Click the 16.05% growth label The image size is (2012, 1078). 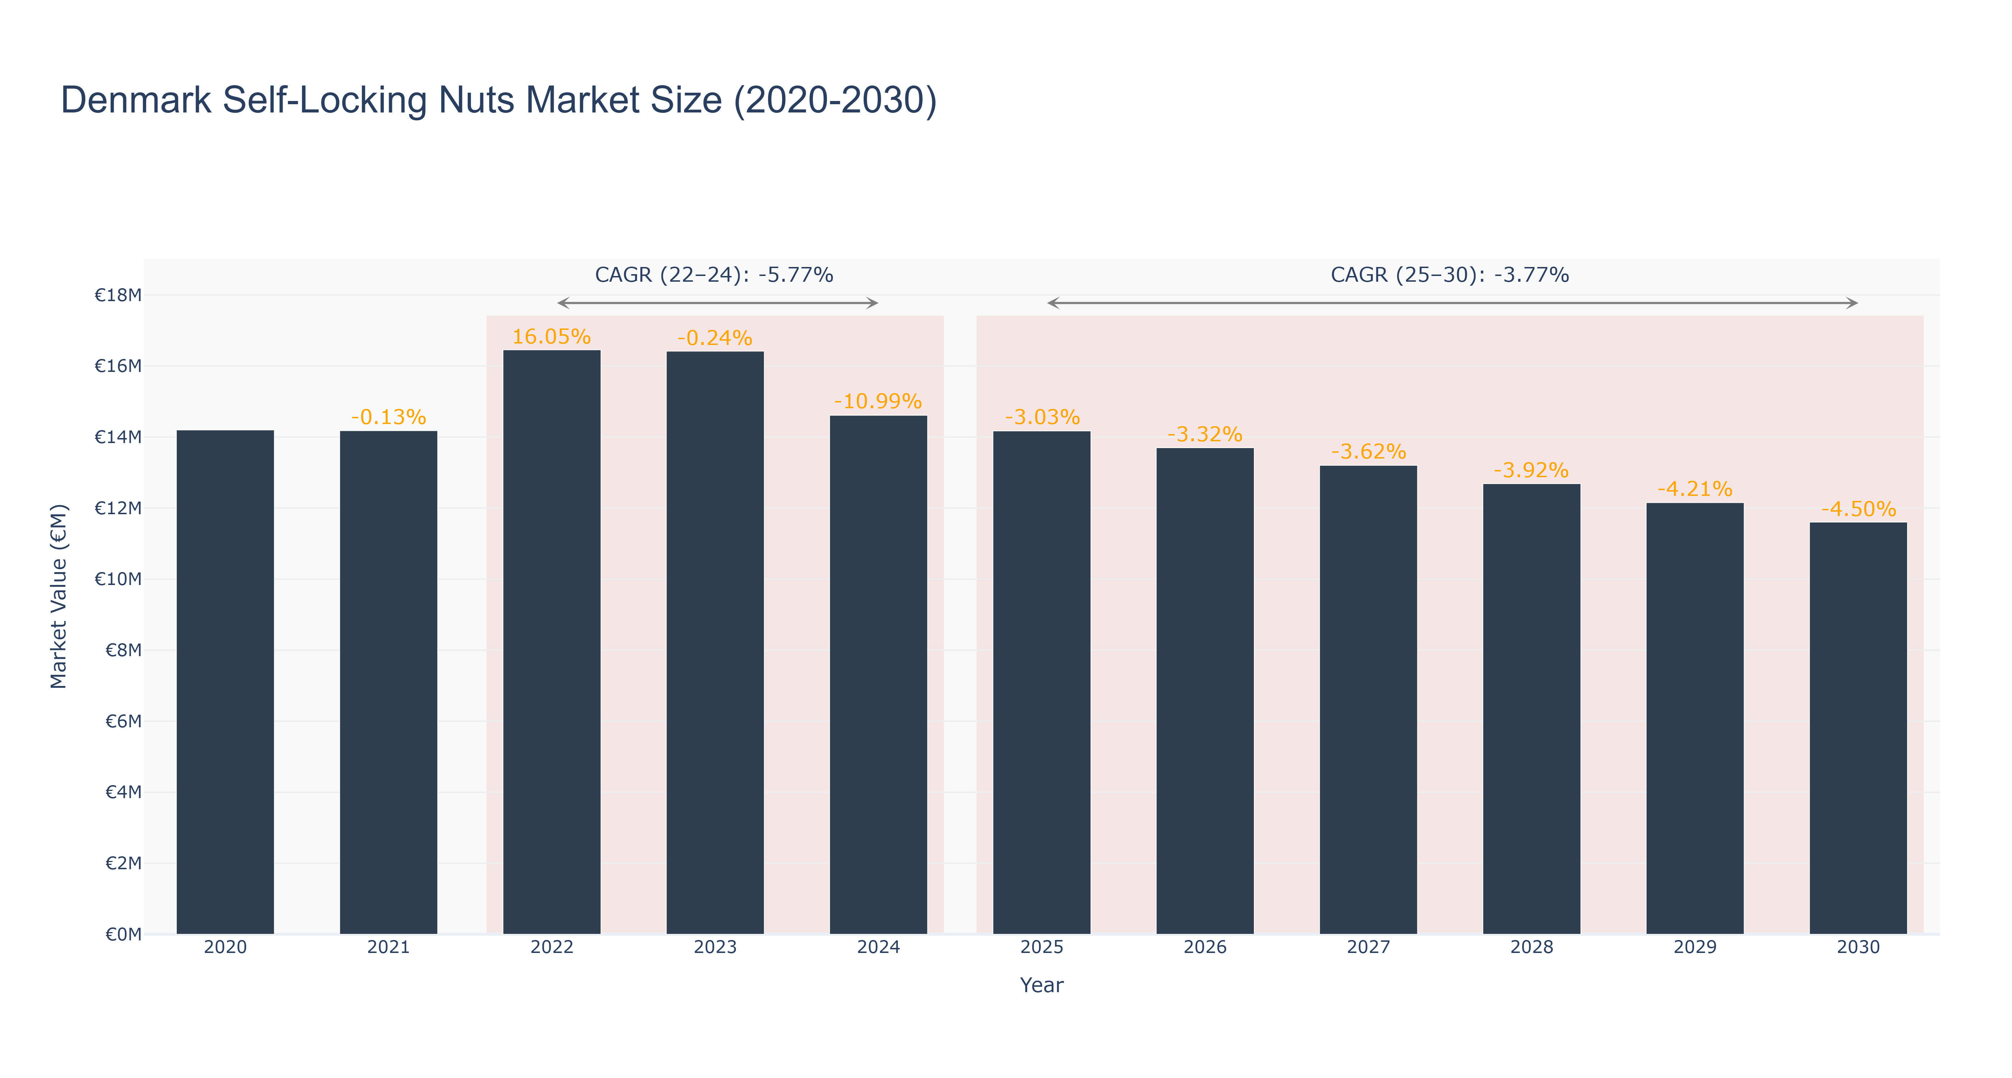[552, 337]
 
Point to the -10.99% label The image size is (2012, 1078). [878, 401]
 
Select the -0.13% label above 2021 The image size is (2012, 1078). [388, 417]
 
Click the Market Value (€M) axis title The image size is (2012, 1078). [59, 596]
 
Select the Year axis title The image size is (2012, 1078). [1041, 985]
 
